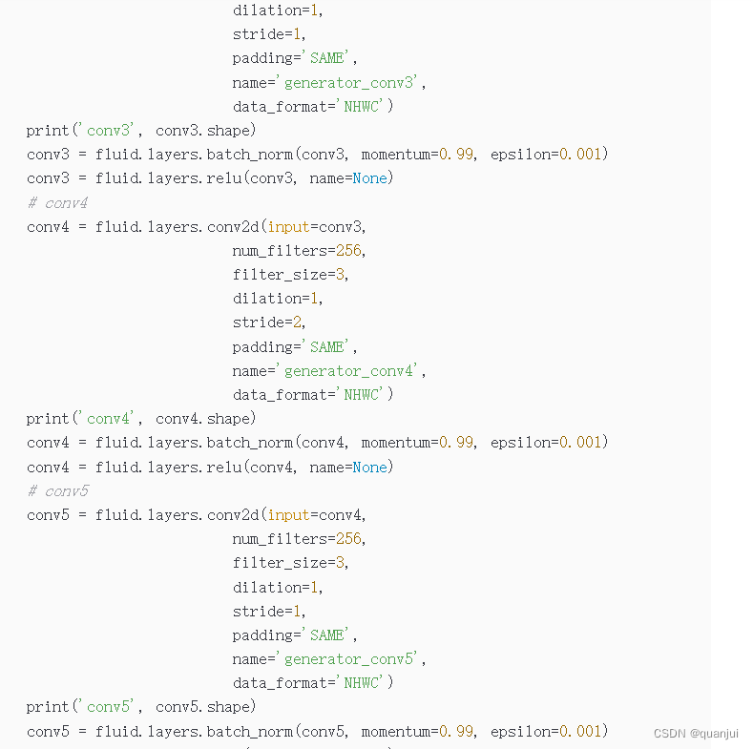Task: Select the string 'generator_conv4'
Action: (x=351, y=370)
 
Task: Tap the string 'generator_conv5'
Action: (x=351, y=658)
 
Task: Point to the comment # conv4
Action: (x=57, y=202)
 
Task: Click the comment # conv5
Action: (x=57, y=490)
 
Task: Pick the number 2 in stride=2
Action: (x=302, y=322)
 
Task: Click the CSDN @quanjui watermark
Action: (x=696, y=733)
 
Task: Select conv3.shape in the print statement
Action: (x=205, y=130)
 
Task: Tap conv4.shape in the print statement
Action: (x=205, y=418)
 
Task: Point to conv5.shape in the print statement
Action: (x=205, y=706)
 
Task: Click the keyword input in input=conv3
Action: (x=289, y=226)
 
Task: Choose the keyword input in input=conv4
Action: (x=289, y=514)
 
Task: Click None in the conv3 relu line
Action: (x=369, y=177)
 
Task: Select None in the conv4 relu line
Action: (x=369, y=467)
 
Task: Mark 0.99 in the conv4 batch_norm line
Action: (x=455, y=442)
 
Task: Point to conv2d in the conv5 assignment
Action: (x=233, y=514)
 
